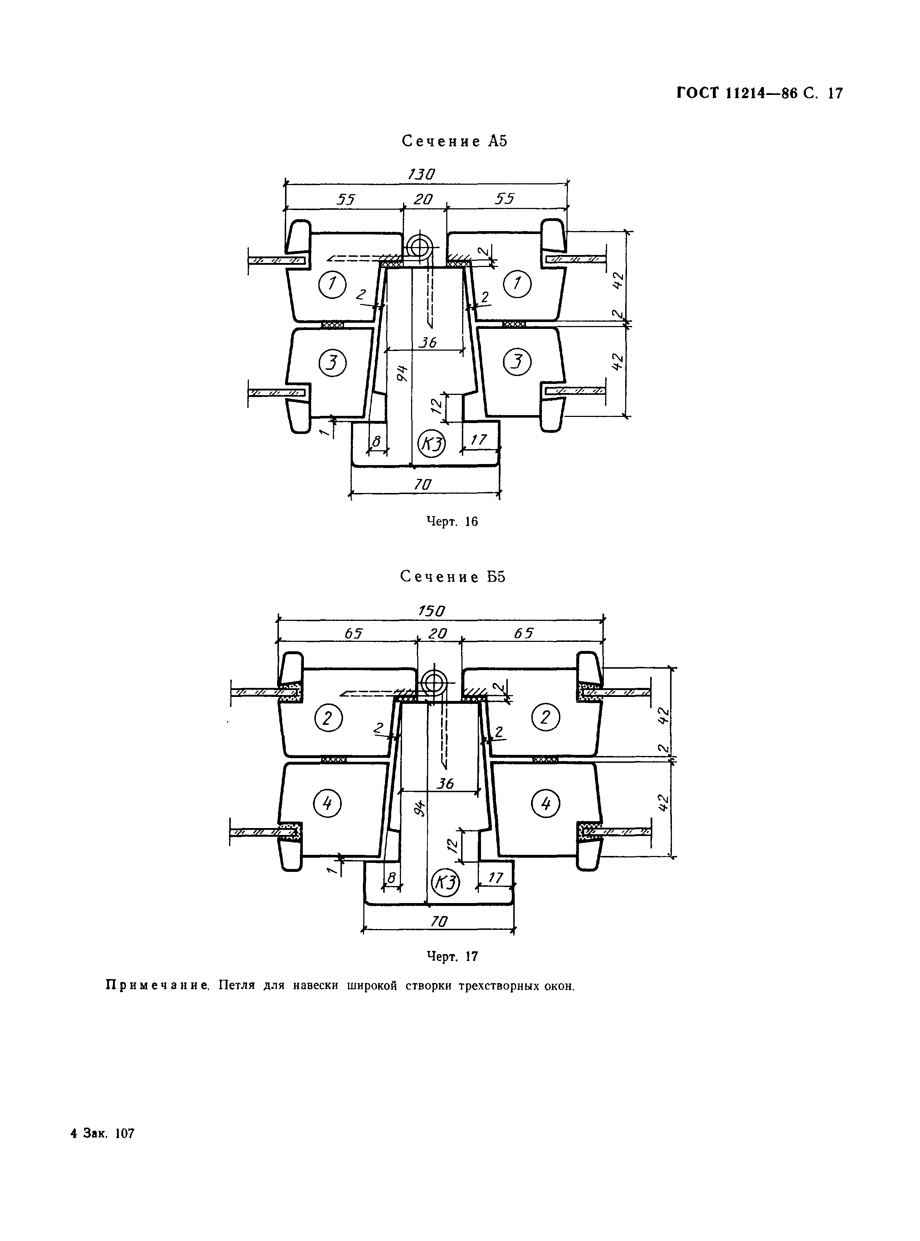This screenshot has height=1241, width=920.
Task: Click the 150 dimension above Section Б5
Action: tap(432, 611)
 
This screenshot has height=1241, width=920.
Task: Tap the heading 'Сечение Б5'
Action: tap(453, 577)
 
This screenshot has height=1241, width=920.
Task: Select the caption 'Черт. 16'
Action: tap(452, 521)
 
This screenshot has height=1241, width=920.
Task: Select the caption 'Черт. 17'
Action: tap(452, 956)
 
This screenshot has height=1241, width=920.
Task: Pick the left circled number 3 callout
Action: tap(333, 363)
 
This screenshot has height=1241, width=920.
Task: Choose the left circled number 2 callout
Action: tap(328, 719)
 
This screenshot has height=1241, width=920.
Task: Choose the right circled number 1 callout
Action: tap(517, 285)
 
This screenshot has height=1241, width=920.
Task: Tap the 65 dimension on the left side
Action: tap(354, 633)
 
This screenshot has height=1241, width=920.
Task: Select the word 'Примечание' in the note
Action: tap(157, 985)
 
